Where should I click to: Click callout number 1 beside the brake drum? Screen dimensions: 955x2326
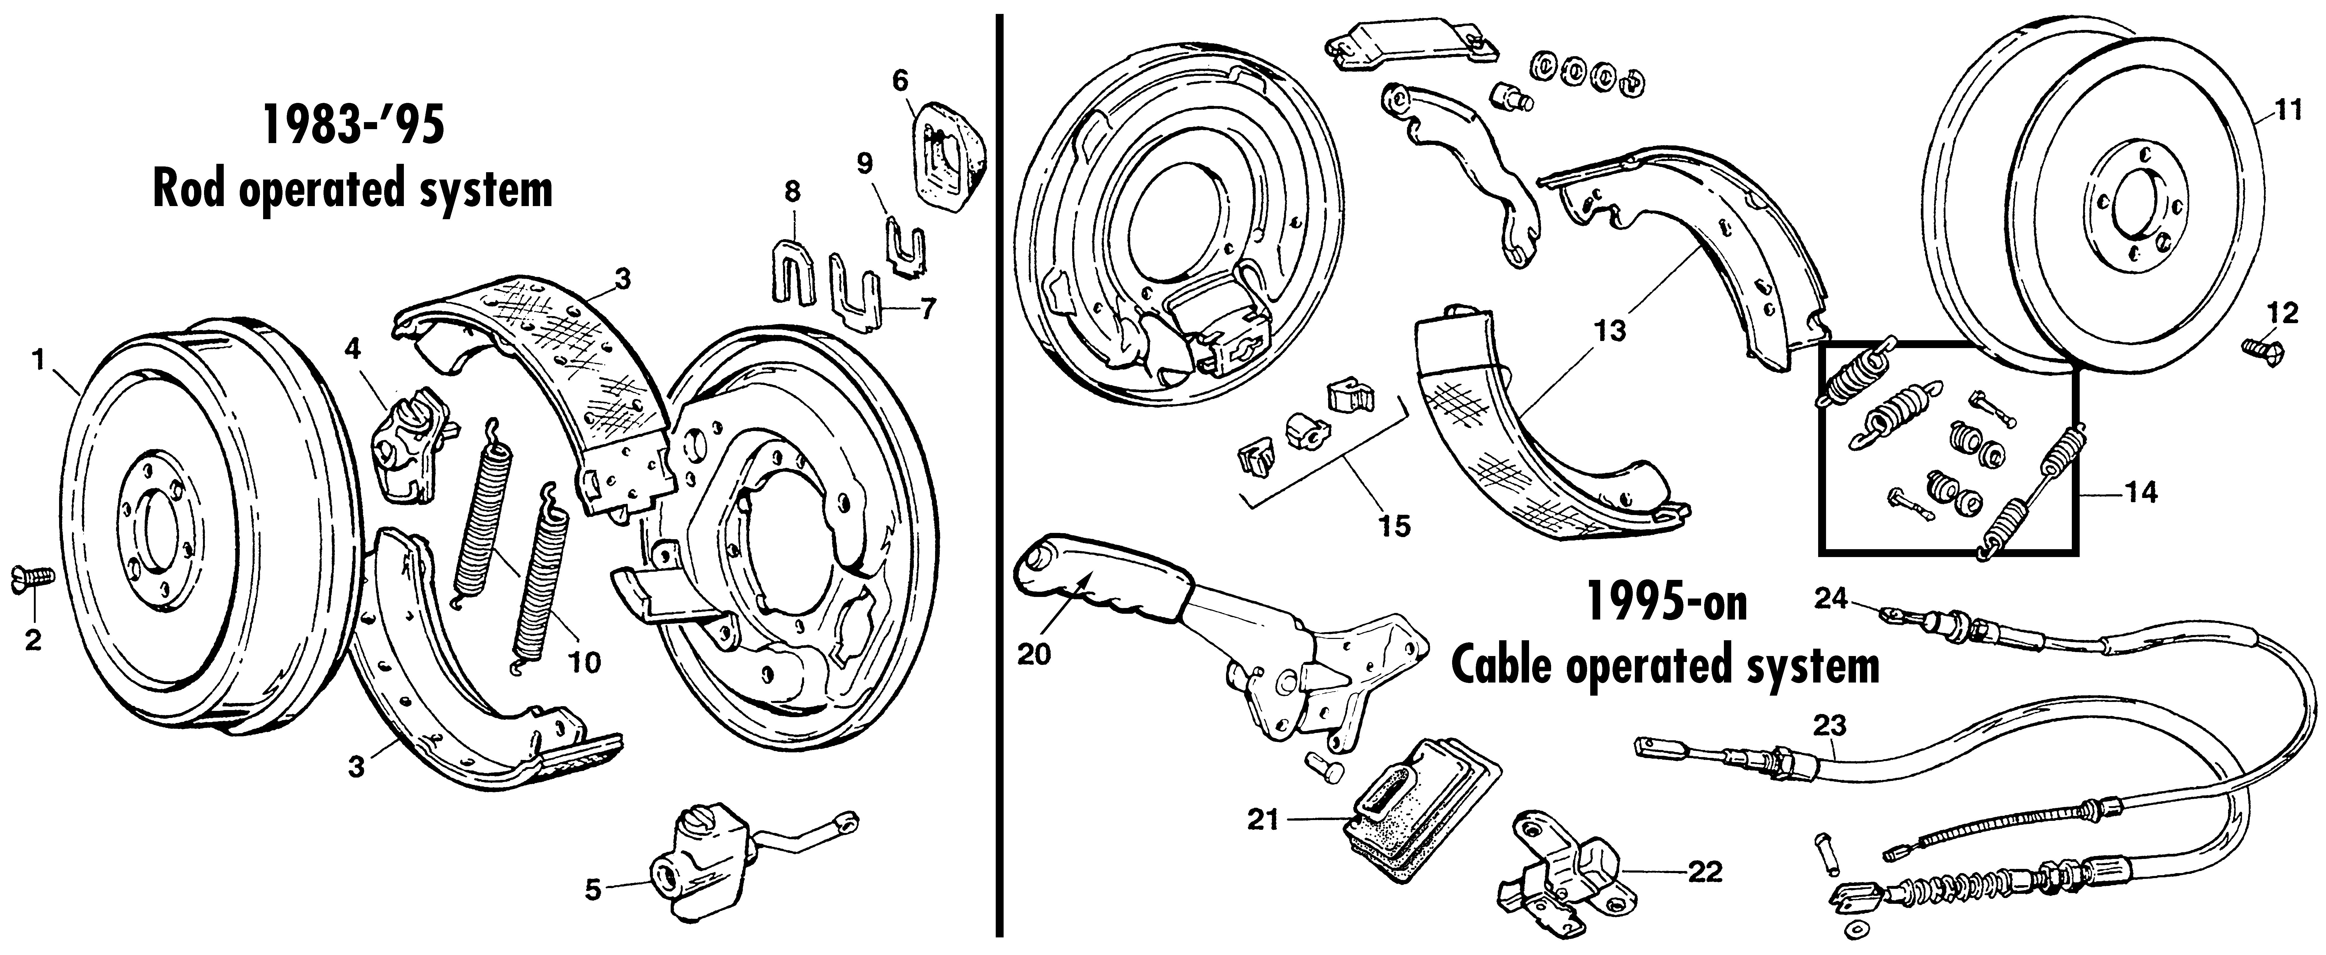click(38, 361)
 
